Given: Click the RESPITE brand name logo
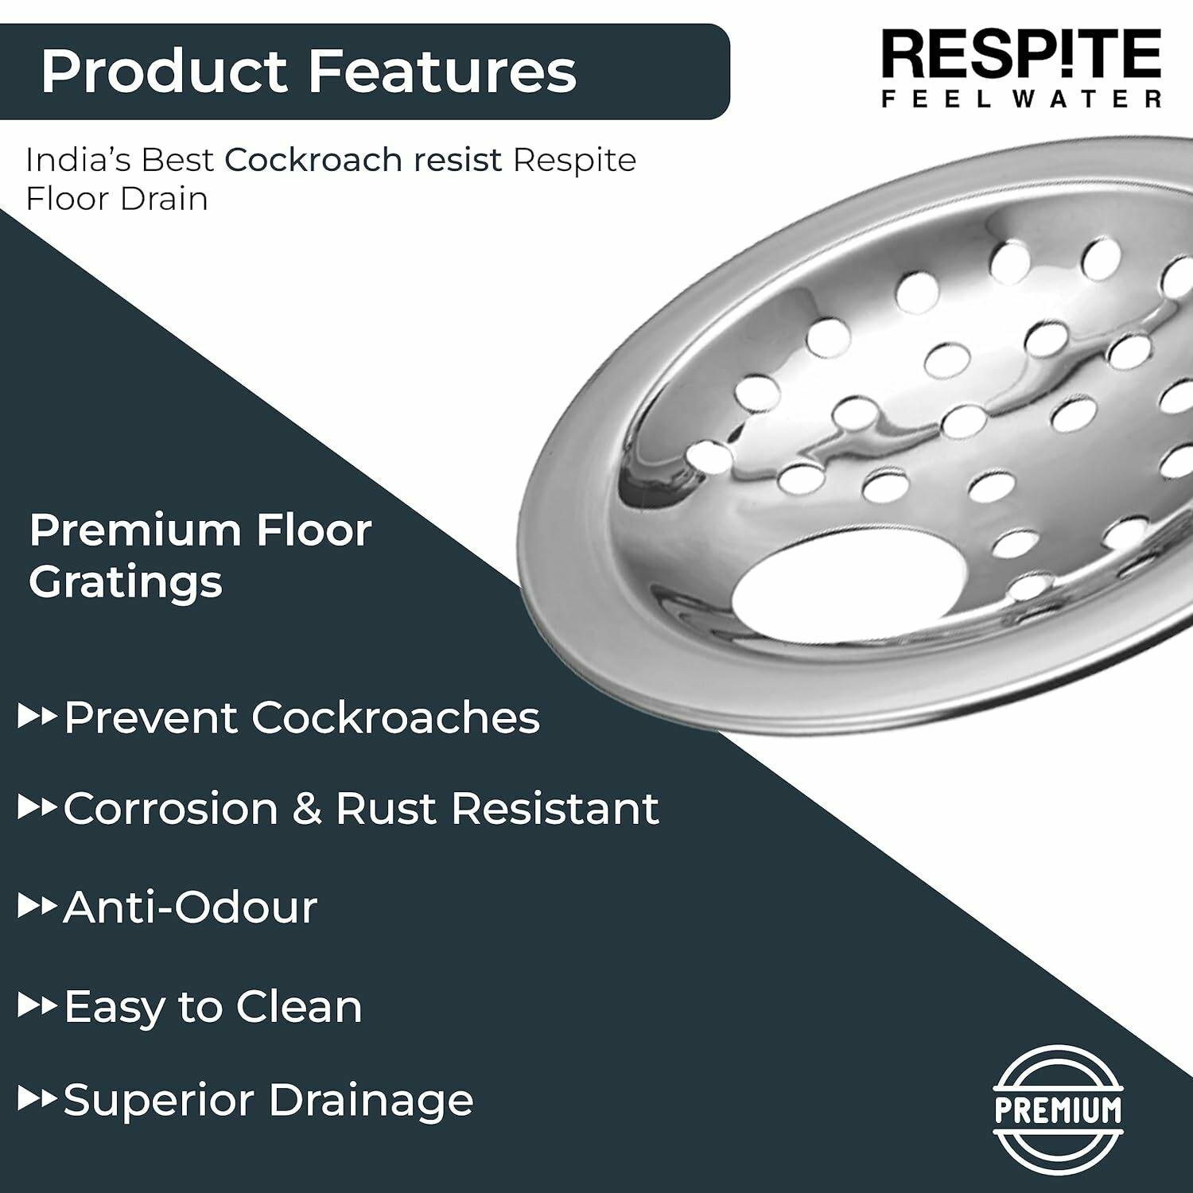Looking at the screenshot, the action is [1021, 54].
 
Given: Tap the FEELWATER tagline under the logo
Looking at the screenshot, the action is [1021, 99].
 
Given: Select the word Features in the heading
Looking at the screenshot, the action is [442, 71].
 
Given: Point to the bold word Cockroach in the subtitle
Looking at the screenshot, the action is [313, 160].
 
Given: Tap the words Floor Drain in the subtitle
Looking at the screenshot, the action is [117, 198].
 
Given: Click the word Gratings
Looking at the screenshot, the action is [126, 583].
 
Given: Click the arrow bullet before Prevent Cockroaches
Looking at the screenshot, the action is [37, 717].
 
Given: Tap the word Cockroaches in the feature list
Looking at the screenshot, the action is [395, 717].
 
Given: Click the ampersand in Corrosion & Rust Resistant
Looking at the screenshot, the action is [306, 809].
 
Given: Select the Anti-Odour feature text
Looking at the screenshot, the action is [190, 907].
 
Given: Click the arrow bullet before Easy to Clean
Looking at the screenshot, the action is [37, 1006].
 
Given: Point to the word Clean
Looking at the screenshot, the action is [299, 1006].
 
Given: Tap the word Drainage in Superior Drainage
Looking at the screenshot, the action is [371, 1102].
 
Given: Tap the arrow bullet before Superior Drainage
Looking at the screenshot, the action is [37, 1100].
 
